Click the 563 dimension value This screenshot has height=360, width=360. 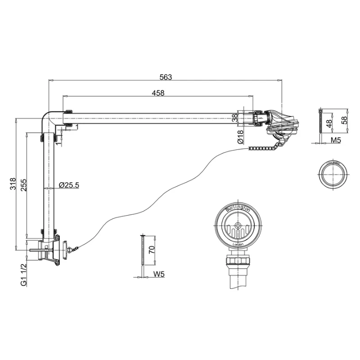click(166, 77)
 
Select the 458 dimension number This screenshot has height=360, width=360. click(158, 93)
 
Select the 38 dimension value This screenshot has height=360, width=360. click(234, 118)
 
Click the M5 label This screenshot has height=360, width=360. click(336, 140)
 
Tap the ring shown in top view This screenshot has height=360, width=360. click(333, 174)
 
